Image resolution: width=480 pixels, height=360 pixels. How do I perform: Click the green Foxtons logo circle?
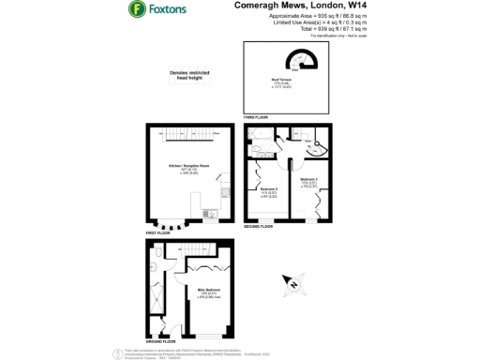click(x=136, y=10)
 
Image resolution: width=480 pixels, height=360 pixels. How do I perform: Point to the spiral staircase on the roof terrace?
click(x=303, y=62)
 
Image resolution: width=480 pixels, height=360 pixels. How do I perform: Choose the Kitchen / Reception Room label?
click(x=187, y=168)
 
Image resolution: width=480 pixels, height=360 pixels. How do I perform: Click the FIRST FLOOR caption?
click(x=157, y=231)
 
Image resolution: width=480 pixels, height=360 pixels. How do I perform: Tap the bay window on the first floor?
click(x=169, y=224)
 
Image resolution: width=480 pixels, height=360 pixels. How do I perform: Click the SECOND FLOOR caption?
click(x=259, y=226)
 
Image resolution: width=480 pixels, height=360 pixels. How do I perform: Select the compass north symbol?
click(x=292, y=283)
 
